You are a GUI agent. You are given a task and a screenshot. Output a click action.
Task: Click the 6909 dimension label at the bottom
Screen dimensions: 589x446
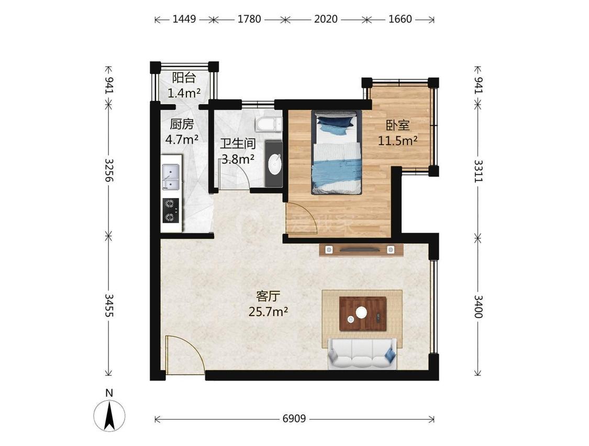pos(294,418)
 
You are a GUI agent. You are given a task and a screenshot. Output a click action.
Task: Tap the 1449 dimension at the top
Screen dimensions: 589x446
pos(184,19)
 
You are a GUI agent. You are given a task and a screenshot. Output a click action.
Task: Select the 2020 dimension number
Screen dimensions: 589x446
pos(326,19)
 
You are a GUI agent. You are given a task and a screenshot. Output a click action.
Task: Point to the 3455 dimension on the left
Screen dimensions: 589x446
pos(109,306)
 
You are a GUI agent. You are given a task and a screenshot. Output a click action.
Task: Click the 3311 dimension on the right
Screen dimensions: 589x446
pos(478,171)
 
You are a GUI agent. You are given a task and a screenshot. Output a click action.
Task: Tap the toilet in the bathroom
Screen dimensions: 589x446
pos(269,124)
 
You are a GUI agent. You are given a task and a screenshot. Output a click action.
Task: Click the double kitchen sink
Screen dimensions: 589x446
pos(171,177)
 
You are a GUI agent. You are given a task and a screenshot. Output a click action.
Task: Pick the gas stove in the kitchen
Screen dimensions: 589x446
pos(171,211)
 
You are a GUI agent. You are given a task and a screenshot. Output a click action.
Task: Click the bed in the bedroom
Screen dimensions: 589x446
pos(337,152)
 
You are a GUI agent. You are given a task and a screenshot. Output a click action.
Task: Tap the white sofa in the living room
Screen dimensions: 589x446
pos(362,353)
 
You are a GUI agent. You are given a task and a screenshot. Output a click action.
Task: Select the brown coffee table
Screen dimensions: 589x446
pos(363,313)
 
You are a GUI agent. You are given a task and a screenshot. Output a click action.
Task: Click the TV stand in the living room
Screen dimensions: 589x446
pos(361,249)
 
